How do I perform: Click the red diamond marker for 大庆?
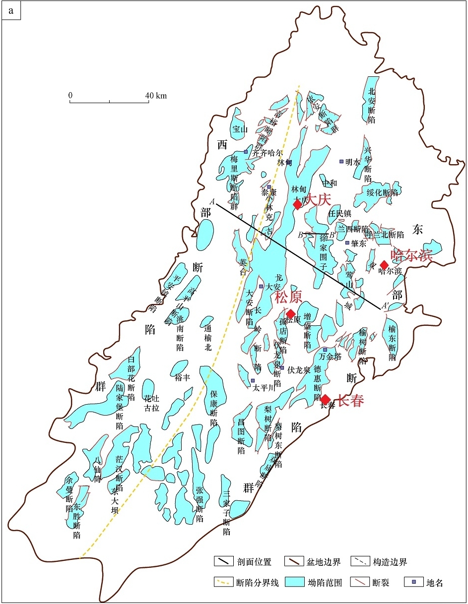pyautogui.click(x=297, y=204)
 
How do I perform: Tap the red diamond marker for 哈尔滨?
pyautogui.click(x=384, y=265)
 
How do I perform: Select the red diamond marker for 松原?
pyautogui.click(x=291, y=313)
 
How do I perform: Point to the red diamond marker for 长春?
pyautogui.click(x=325, y=400)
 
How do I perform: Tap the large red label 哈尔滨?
pyautogui.click(x=411, y=255)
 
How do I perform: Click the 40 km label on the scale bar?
pyautogui.click(x=156, y=95)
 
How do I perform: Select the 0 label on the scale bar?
pyautogui.click(x=70, y=95)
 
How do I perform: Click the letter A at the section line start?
pyautogui.click(x=212, y=201)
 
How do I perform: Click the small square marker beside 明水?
pyautogui.click(x=341, y=161)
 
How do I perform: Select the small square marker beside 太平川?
pyautogui.click(x=253, y=381)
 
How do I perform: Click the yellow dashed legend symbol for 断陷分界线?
pyautogui.click(x=223, y=582)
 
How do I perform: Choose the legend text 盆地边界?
pyautogui.click(x=324, y=562)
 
